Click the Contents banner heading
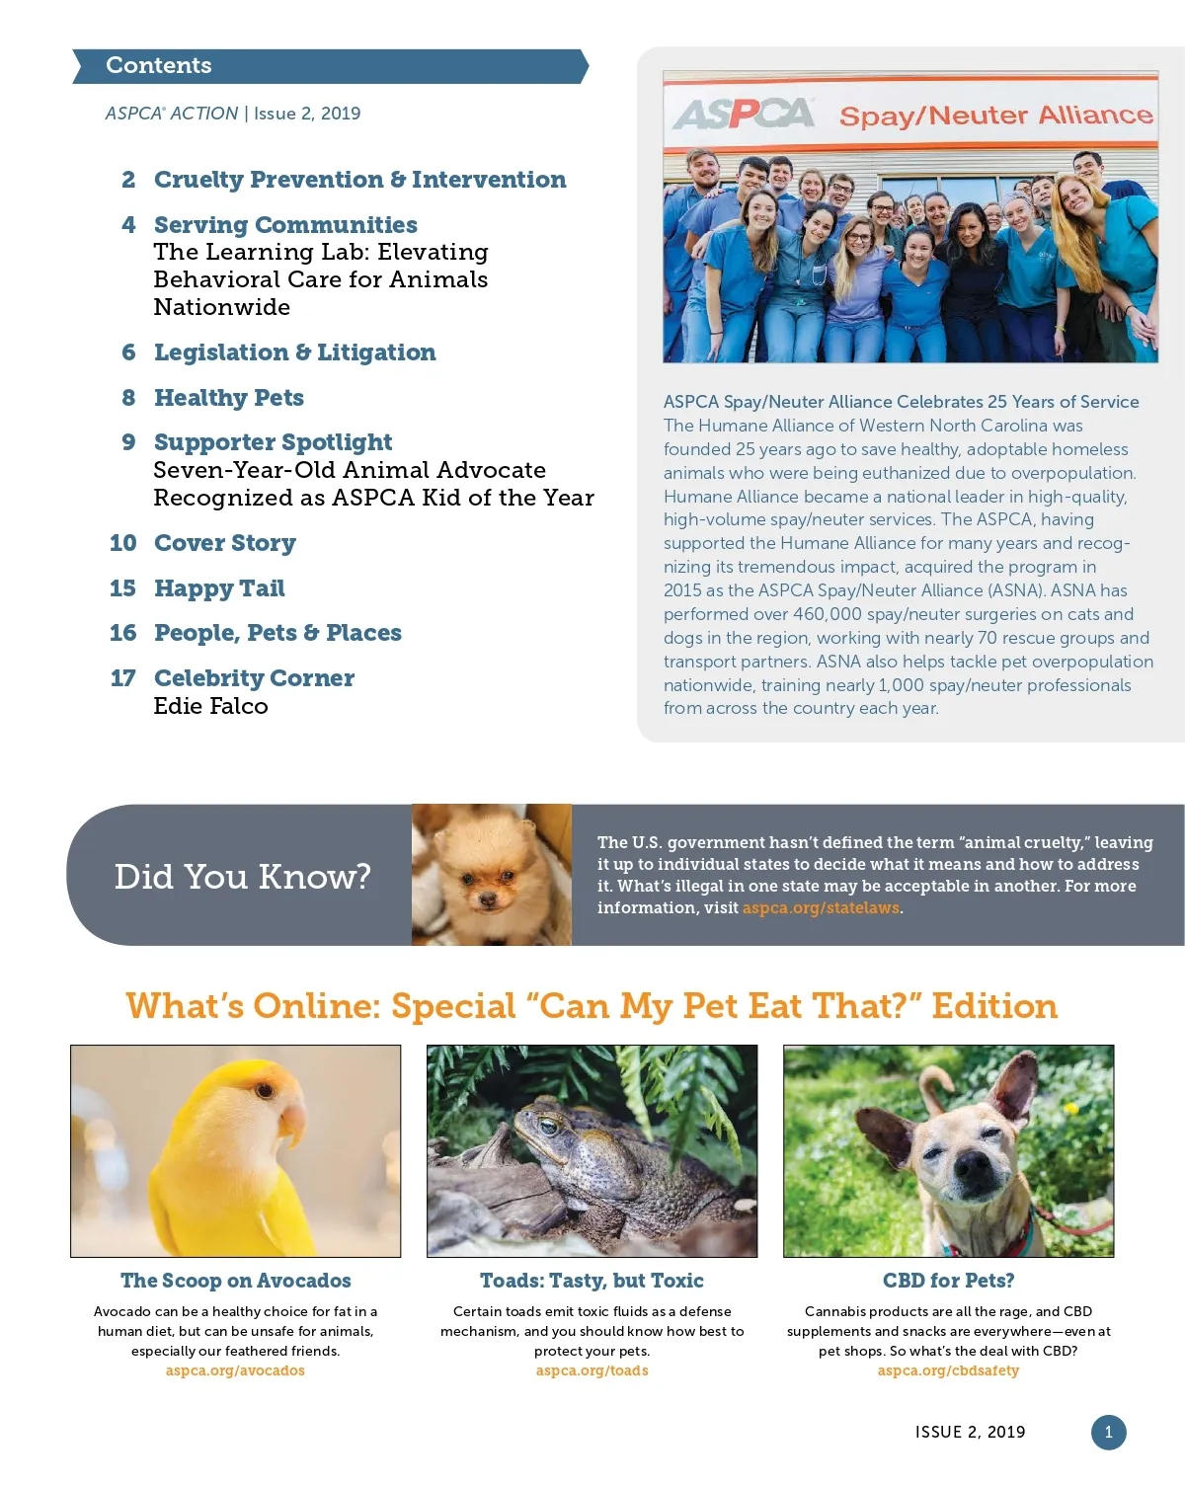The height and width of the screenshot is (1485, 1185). tap(159, 65)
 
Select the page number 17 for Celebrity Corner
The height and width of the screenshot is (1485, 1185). tap(122, 678)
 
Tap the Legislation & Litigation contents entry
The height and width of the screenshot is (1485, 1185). tap(294, 352)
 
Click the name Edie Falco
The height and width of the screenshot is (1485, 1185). tap(210, 706)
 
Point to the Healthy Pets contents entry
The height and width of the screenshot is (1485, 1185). tap(228, 398)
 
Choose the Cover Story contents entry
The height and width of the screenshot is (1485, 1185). tap(224, 543)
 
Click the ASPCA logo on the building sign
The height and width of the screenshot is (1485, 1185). tap(744, 115)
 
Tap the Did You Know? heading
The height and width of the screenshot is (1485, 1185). tap(242, 876)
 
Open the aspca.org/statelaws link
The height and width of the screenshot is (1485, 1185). tap(821, 908)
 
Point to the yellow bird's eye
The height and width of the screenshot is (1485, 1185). tap(265, 1091)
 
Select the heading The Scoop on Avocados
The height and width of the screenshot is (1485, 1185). tap(235, 1281)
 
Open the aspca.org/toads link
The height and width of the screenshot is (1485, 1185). tap(592, 1370)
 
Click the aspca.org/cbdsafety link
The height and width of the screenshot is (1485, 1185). tap(948, 1370)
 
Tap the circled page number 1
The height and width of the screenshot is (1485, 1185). tap(1108, 1432)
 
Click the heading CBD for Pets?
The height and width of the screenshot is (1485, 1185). tap(948, 1281)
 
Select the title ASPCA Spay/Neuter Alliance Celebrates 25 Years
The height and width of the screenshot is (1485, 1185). tap(901, 402)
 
